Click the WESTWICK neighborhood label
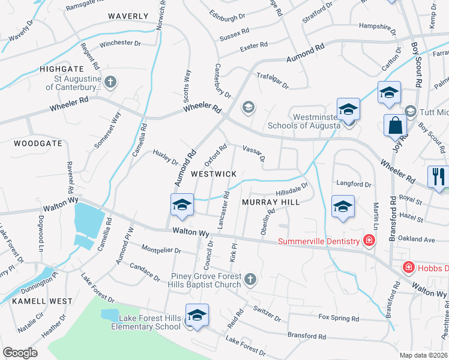pyautogui.click(x=213, y=173)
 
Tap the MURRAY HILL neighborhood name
pyautogui.click(x=270, y=202)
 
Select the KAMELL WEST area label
pyautogui.click(x=42, y=301)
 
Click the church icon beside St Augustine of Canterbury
pyautogui.click(x=110, y=81)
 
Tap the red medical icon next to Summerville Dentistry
pyautogui.click(x=369, y=241)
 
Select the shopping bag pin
pyautogui.click(x=396, y=126)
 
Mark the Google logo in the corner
pyautogui.click(x=20, y=353)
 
